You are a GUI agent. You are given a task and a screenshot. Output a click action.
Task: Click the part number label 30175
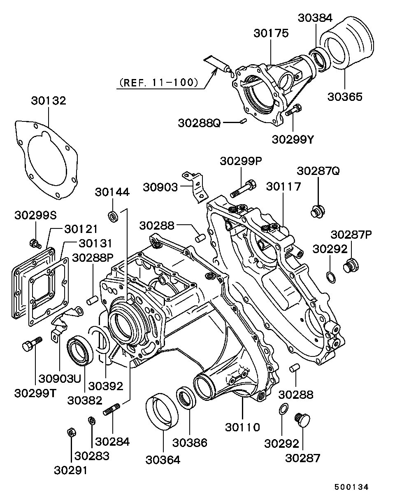pos(271,33)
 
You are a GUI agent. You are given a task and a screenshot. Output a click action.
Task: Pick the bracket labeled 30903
pos(195,186)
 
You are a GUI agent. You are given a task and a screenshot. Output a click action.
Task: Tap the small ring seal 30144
pos(113,216)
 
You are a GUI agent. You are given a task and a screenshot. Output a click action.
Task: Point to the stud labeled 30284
pos(112,410)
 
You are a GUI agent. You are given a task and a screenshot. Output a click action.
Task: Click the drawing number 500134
pos(351,487)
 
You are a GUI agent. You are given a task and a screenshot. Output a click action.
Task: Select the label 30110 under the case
pos(242,427)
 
